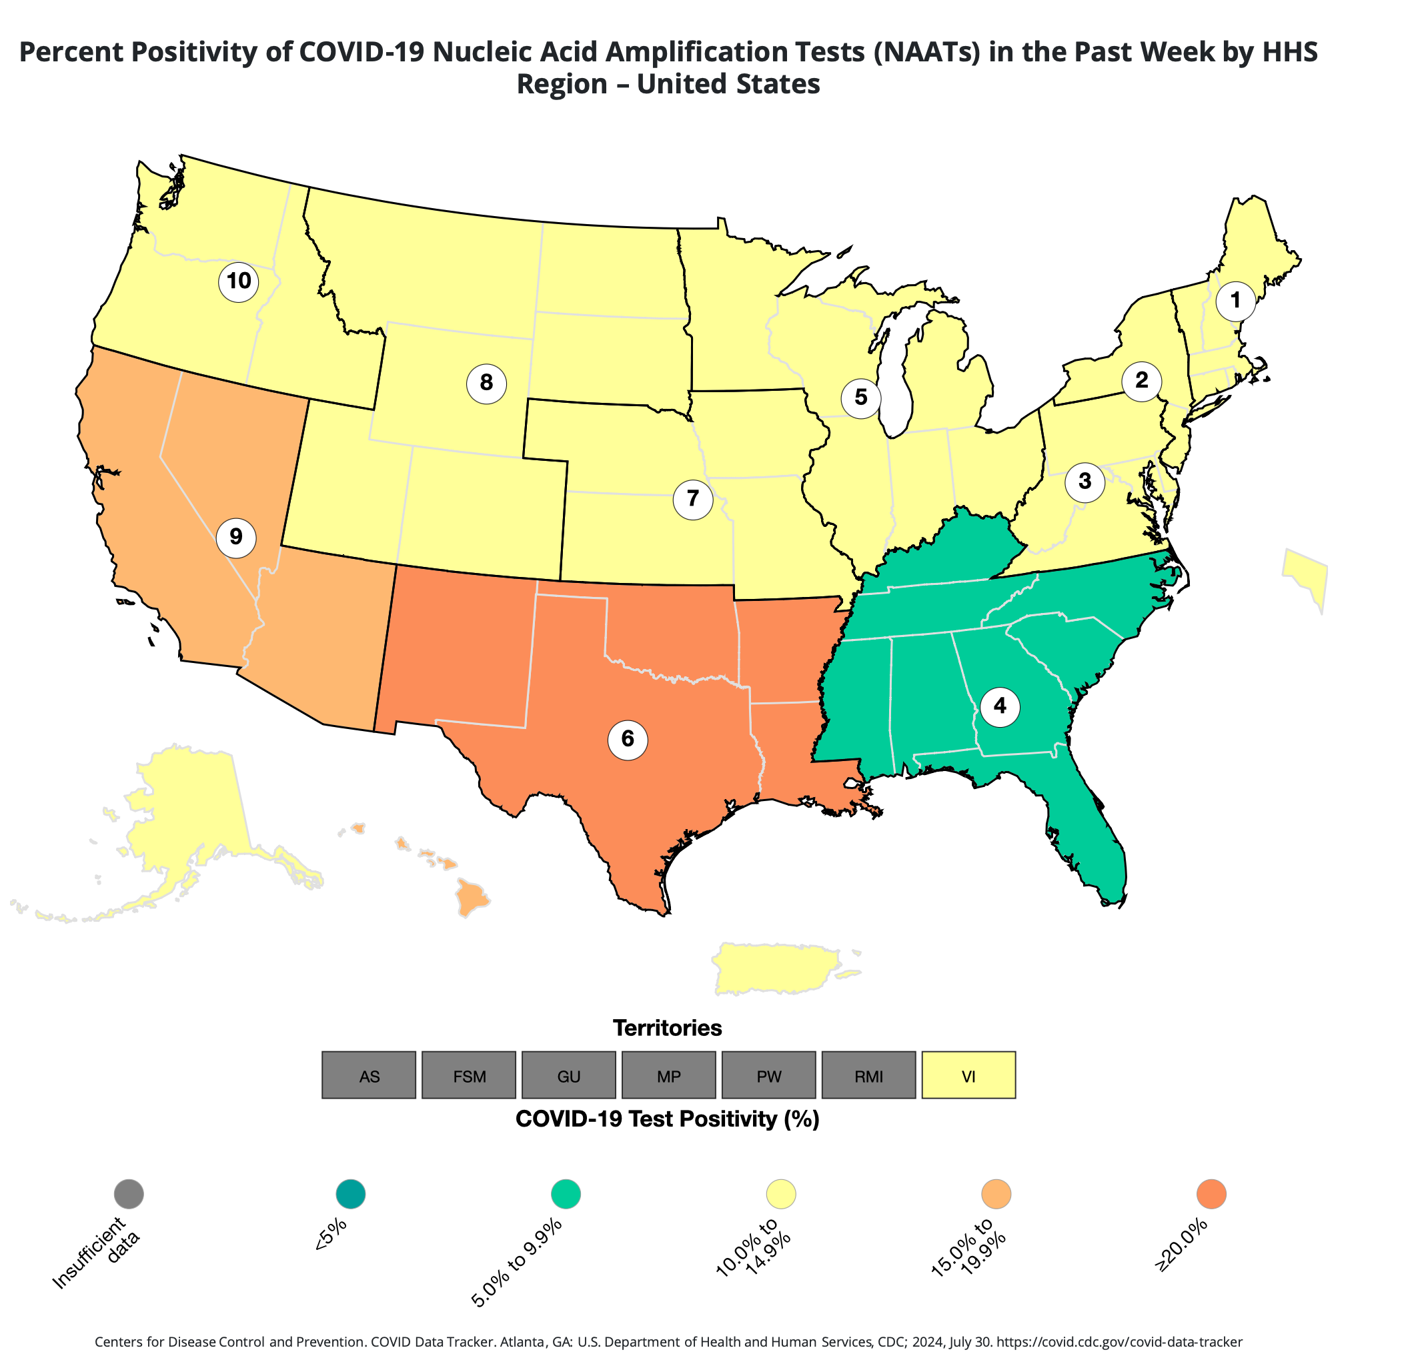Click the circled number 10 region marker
[239, 281]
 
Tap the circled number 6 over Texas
[628, 740]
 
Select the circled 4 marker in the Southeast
[999, 706]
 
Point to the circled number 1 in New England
[1235, 301]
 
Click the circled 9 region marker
[236, 537]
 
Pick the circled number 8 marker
[486, 383]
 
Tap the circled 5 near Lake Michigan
[860, 398]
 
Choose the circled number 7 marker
[693, 499]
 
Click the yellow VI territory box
[968, 1075]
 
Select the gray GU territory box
[568, 1075]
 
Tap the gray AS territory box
[369, 1075]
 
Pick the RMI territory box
[868, 1075]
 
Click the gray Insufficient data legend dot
[129, 1195]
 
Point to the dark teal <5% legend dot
[351, 1195]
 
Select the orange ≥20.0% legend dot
[1211, 1195]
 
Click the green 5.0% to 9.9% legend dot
[566, 1195]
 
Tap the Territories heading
[667, 1028]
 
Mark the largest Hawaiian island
[472, 898]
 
